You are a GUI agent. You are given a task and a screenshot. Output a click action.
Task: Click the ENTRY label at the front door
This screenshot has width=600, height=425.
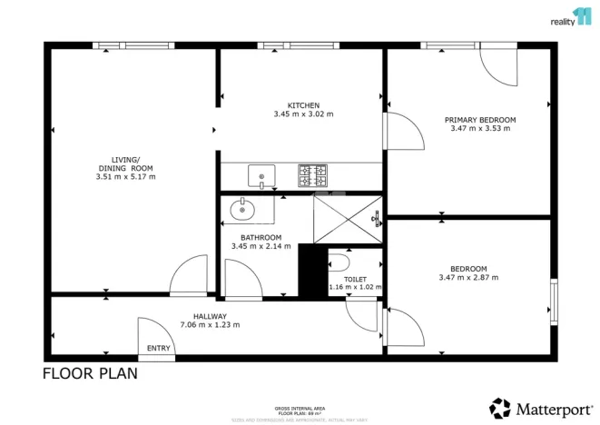click(158, 348)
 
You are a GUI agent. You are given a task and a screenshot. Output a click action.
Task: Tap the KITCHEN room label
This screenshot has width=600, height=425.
click(303, 105)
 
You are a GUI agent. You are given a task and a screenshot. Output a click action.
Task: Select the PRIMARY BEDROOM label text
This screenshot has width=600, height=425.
click(479, 120)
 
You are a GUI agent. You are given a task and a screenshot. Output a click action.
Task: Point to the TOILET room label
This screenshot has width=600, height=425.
click(357, 279)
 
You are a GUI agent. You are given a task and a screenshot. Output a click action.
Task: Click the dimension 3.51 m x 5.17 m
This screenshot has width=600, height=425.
click(125, 176)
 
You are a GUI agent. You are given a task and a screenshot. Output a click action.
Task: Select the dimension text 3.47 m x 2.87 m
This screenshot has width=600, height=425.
click(468, 277)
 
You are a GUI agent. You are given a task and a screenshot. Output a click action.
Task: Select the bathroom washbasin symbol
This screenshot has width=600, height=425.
click(242, 211)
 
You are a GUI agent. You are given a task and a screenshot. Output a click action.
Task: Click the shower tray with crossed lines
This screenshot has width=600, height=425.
click(348, 220)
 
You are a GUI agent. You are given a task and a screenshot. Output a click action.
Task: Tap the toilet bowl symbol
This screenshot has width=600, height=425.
click(338, 262)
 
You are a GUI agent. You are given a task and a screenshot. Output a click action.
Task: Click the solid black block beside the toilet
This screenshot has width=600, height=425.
click(311, 270)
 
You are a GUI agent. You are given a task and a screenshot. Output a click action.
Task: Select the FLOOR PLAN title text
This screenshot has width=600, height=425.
click(90, 374)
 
